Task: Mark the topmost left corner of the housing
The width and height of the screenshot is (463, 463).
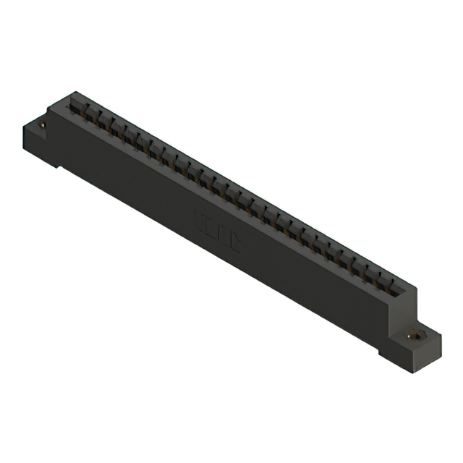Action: point(73,92)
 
